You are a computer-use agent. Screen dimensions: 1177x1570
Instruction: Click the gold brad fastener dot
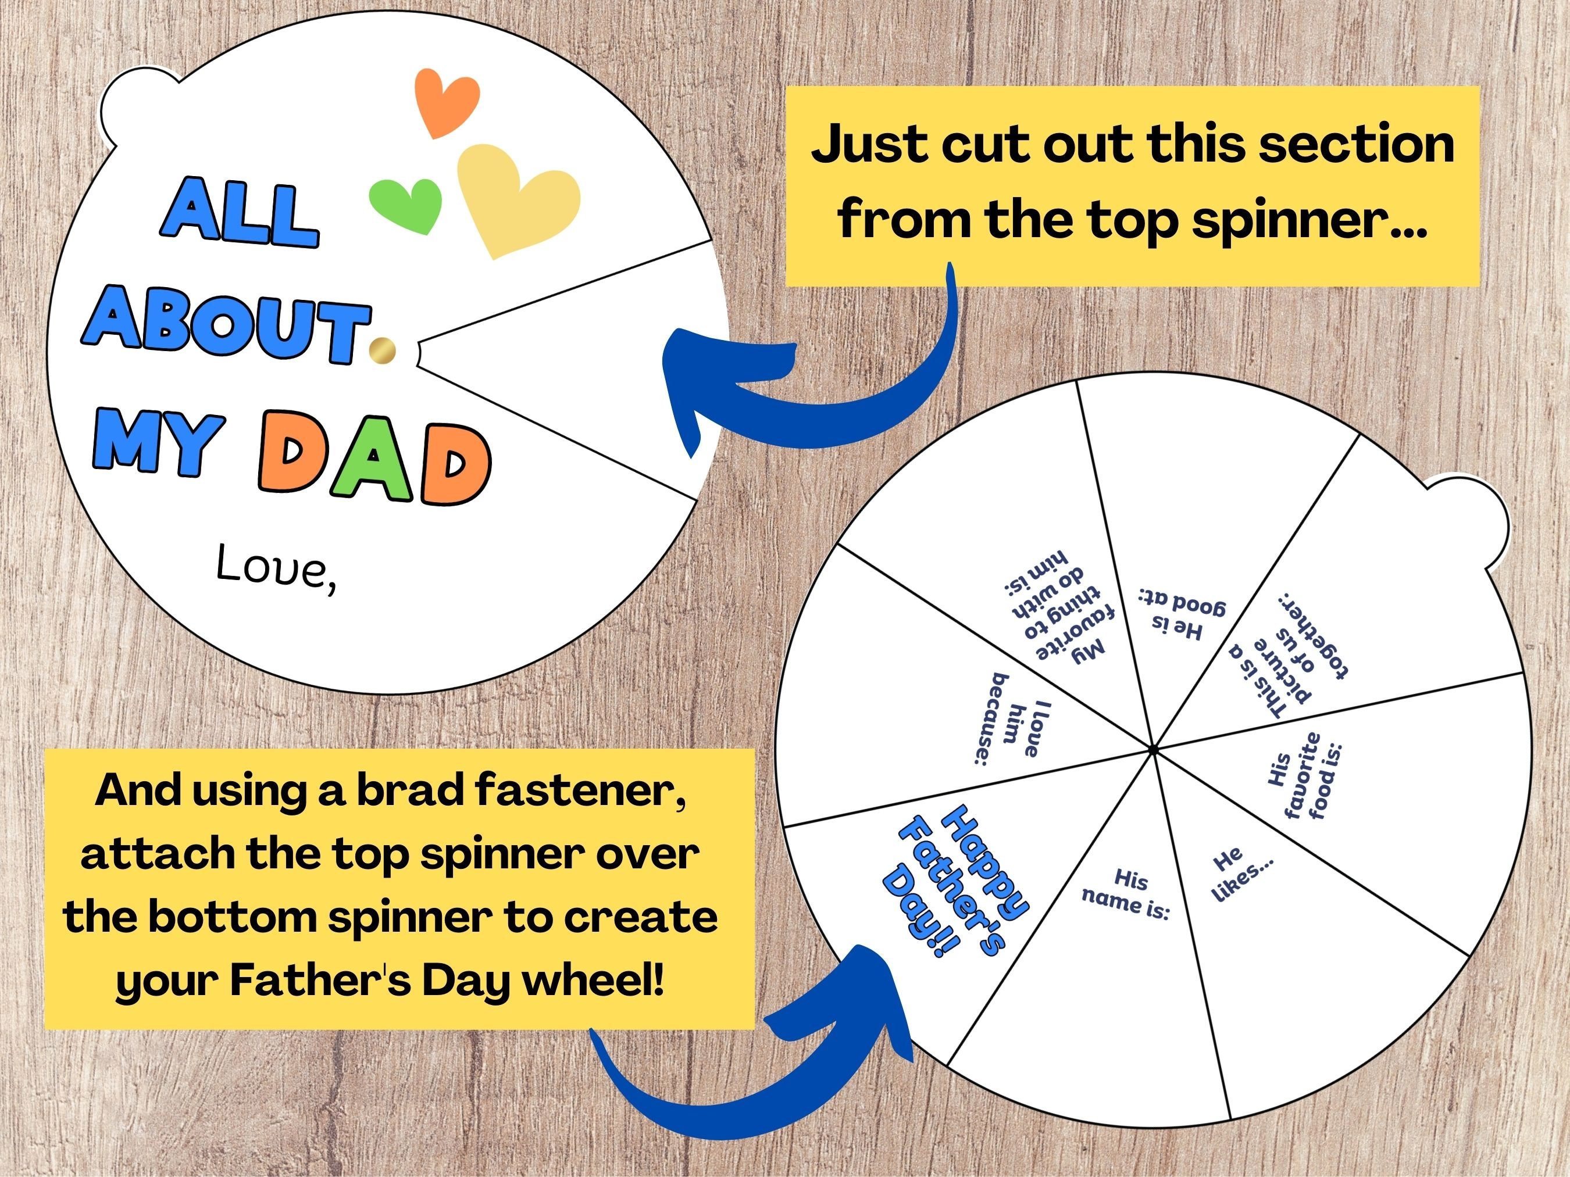coord(383,350)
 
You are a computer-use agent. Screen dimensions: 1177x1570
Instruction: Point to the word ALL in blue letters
coord(239,212)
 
